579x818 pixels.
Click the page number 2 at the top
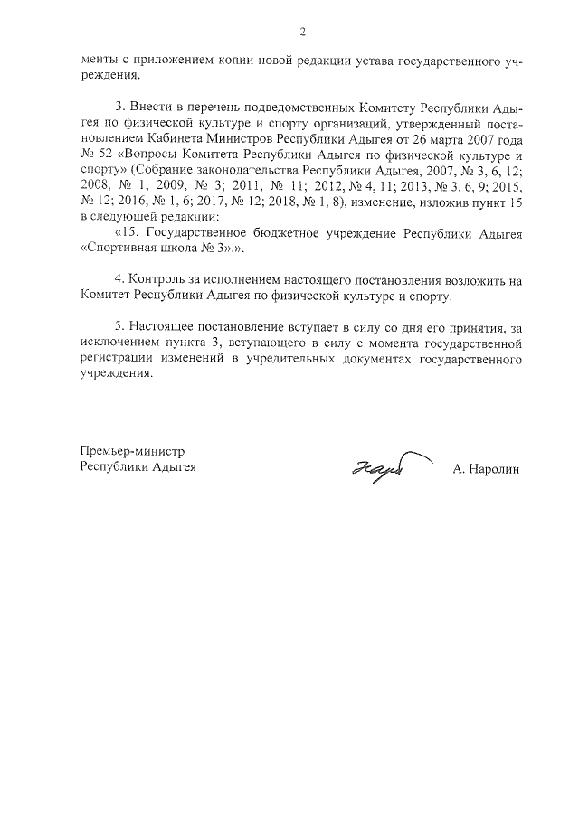pos(302,33)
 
